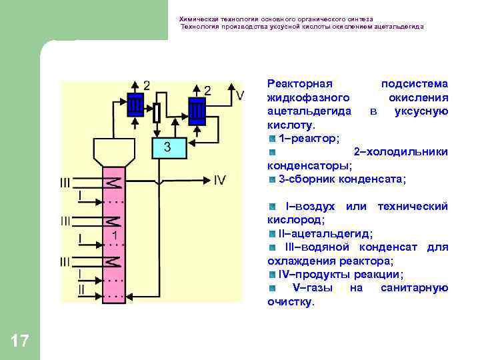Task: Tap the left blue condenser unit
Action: point(135,106)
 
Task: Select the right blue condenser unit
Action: point(198,109)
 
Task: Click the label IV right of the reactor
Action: point(221,180)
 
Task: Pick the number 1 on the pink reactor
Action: point(115,236)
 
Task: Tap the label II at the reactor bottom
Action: point(81,290)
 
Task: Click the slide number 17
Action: point(20,341)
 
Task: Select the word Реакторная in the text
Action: point(299,83)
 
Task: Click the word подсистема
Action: point(414,83)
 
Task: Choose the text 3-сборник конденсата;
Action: point(342,179)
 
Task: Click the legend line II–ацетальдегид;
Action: point(325,233)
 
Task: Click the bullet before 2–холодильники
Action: point(272,152)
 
